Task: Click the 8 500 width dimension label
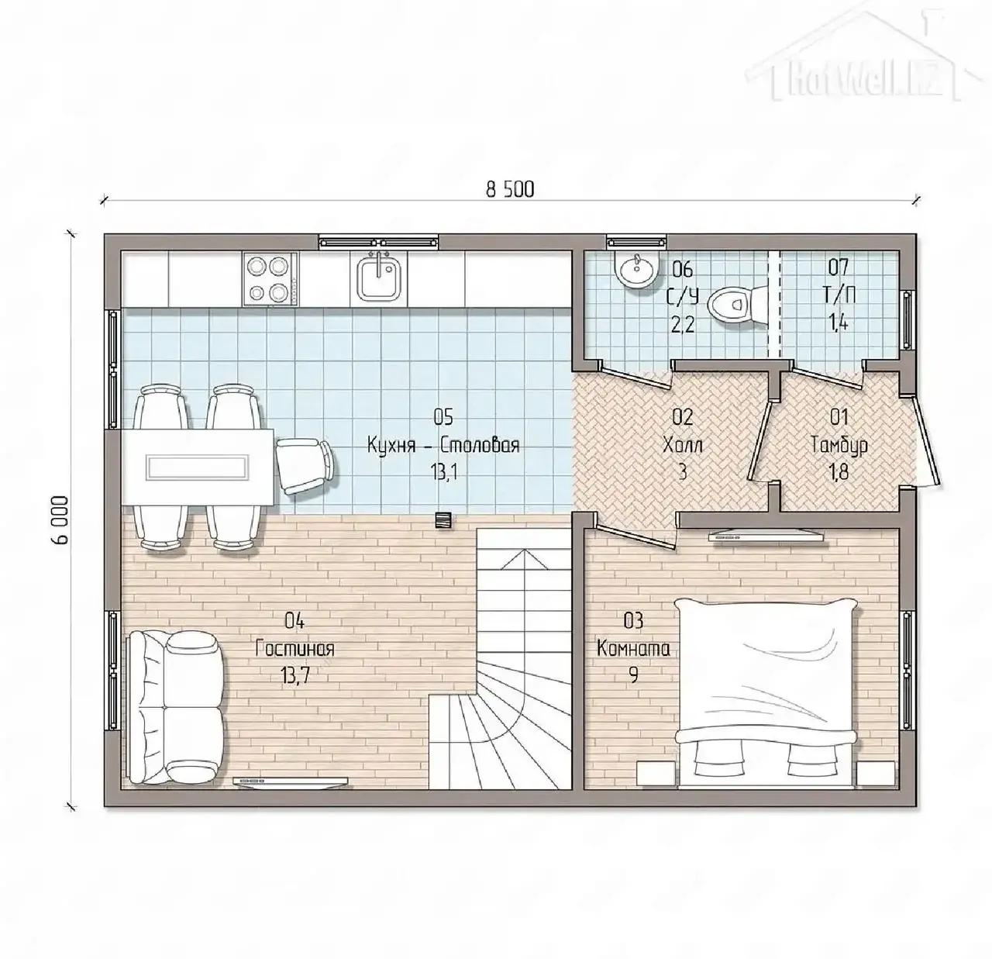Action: pos(510,190)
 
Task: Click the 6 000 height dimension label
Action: pos(60,519)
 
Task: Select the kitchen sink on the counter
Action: pos(379,278)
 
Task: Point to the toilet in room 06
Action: pos(736,305)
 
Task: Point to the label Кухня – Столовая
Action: pos(443,446)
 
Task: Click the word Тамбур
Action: pos(839,445)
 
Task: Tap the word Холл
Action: pos(683,446)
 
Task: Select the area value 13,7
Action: pos(294,676)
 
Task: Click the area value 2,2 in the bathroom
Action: pos(683,324)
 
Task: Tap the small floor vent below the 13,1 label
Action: pos(443,519)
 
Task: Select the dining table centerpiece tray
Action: pos(198,467)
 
